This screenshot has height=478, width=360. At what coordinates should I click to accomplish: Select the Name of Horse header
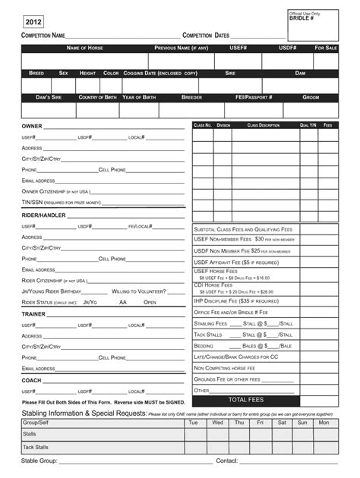point(84,48)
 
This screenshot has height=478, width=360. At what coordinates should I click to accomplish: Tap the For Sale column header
point(326,48)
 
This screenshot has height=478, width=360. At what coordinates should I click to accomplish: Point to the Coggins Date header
point(160,73)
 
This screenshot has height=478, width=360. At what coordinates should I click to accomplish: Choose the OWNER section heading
point(32,126)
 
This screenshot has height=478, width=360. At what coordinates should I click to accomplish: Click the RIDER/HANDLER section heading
point(43,215)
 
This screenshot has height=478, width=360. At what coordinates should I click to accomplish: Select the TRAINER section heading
point(33,313)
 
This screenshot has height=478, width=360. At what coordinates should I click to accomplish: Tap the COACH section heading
point(31,380)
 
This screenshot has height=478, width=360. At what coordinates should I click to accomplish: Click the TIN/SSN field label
point(61,203)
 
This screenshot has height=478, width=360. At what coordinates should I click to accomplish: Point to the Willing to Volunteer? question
point(139,291)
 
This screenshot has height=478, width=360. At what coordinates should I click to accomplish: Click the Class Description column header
point(263,124)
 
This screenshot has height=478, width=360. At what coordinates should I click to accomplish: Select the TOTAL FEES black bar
point(245,400)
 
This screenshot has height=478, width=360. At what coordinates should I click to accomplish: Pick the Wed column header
point(217,423)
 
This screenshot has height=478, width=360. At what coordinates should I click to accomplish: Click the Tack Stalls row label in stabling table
point(36,447)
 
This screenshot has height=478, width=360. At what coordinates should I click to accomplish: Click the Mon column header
point(324,423)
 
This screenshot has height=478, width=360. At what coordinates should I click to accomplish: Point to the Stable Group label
point(39,461)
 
